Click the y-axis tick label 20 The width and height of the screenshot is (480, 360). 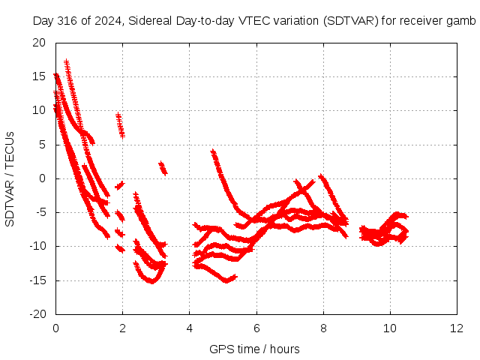[39, 43]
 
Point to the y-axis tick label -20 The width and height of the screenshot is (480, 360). [37, 314]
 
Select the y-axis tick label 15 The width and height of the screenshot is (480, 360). [39, 76]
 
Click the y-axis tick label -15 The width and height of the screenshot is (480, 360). [37, 280]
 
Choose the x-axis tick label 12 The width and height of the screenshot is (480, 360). [457, 328]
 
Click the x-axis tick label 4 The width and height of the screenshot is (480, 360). [190, 328]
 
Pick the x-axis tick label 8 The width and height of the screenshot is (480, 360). [323, 328]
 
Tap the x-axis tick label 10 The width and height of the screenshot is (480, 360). [390, 328]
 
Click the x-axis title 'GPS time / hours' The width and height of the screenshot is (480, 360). [254, 349]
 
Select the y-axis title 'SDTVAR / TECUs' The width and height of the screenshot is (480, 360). [10, 179]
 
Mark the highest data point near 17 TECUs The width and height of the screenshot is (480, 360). [67, 61]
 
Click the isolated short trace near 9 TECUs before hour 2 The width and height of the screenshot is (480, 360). [120, 125]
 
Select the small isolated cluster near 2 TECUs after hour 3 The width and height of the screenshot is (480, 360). [163, 168]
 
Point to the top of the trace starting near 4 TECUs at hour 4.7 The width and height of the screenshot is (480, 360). [213, 151]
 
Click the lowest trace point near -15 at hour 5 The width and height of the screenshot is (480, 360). [226, 280]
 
